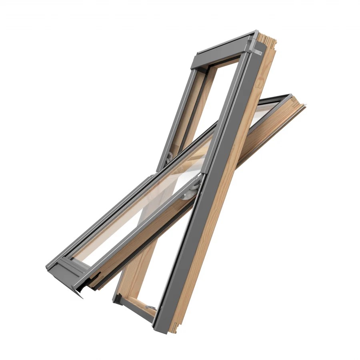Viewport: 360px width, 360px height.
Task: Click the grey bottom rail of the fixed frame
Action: [x=136, y=310]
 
